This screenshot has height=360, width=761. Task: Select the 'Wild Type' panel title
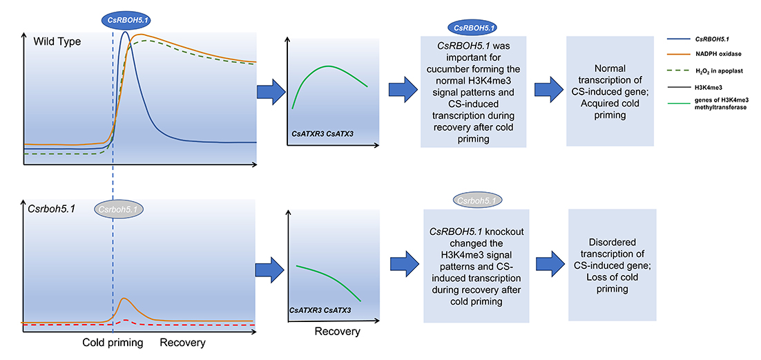coord(57,41)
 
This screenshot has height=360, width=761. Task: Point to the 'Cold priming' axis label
coord(113,342)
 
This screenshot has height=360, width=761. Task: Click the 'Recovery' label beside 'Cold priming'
coord(182,342)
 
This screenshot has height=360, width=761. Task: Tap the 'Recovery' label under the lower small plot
coord(337,331)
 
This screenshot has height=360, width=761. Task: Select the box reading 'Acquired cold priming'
coord(610,91)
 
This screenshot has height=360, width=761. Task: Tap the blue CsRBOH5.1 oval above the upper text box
coord(472,27)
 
